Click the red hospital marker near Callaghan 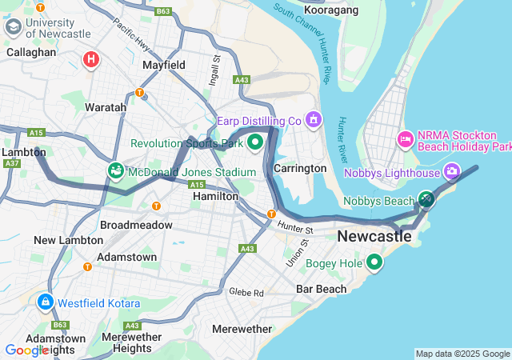click(92, 58)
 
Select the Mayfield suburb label click(163, 65)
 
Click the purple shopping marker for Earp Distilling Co click(313, 121)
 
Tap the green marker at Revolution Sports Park click(255, 143)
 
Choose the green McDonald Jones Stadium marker click(116, 170)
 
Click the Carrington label click(300, 169)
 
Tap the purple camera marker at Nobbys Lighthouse click(452, 171)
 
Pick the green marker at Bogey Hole click(374, 262)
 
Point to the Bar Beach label click(321, 289)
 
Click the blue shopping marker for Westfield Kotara click(46, 302)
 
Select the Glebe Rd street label click(247, 293)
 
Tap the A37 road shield click(12, 163)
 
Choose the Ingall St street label click(214, 70)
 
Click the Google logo click(27, 350)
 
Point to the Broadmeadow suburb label click(136, 225)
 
